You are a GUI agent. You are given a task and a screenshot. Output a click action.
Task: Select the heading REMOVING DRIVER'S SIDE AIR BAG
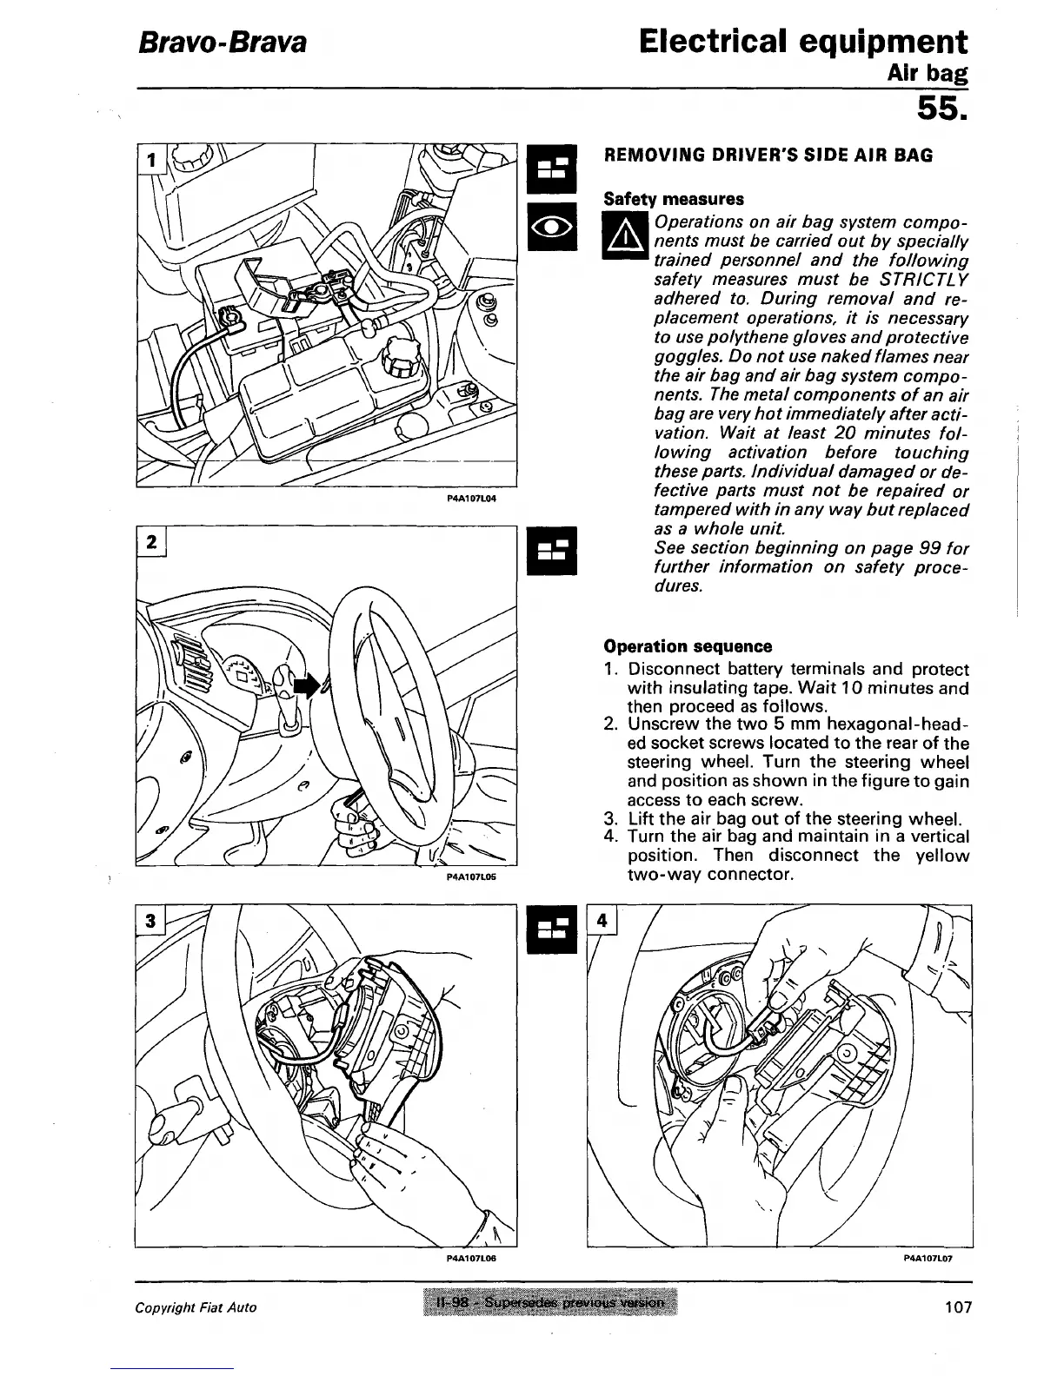coord(768,155)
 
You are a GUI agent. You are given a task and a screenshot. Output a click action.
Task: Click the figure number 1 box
coord(152,161)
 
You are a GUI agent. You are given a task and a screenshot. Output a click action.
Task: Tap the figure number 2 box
coord(152,542)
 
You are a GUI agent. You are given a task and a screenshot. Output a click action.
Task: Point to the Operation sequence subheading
coord(688,646)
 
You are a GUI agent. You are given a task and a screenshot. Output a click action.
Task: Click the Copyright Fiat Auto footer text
coord(196,1307)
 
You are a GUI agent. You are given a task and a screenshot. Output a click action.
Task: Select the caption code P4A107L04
coord(470,499)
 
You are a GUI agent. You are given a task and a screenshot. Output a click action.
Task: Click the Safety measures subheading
coord(674,199)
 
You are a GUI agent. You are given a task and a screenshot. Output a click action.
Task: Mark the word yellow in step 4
coord(942,856)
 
